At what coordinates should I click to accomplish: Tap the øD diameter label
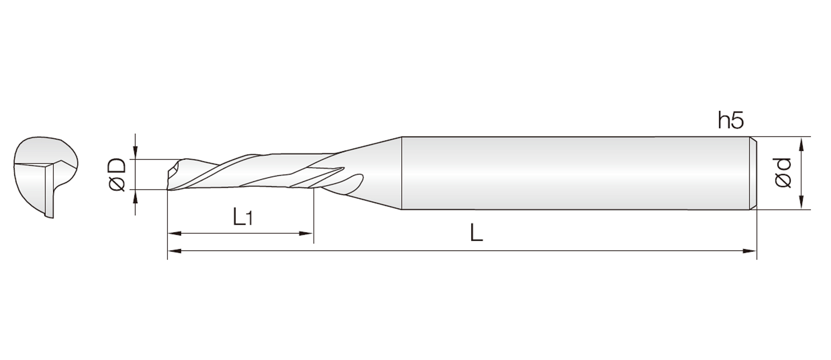(x=117, y=175)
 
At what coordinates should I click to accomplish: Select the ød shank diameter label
(x=783, y=173)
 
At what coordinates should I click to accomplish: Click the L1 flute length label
(x=242, y=217)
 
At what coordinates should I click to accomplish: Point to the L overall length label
(x=476, y=234)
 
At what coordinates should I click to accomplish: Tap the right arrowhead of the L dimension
(x=750, y=251)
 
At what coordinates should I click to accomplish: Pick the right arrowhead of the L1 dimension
(x=306, y=234)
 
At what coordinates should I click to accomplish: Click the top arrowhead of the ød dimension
(x=802, y=144)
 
